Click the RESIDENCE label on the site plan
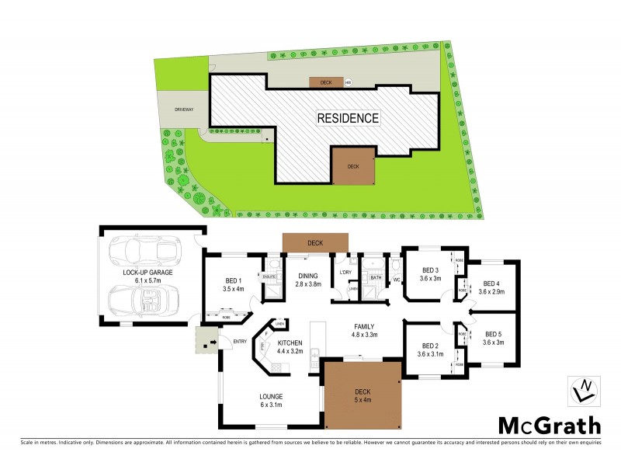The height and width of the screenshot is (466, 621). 347,119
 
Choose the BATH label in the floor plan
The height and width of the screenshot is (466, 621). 376,277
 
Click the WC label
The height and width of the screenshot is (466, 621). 395,279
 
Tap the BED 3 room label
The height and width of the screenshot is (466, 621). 430,274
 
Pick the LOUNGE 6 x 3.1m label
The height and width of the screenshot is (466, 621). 272,400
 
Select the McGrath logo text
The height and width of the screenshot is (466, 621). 548,425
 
